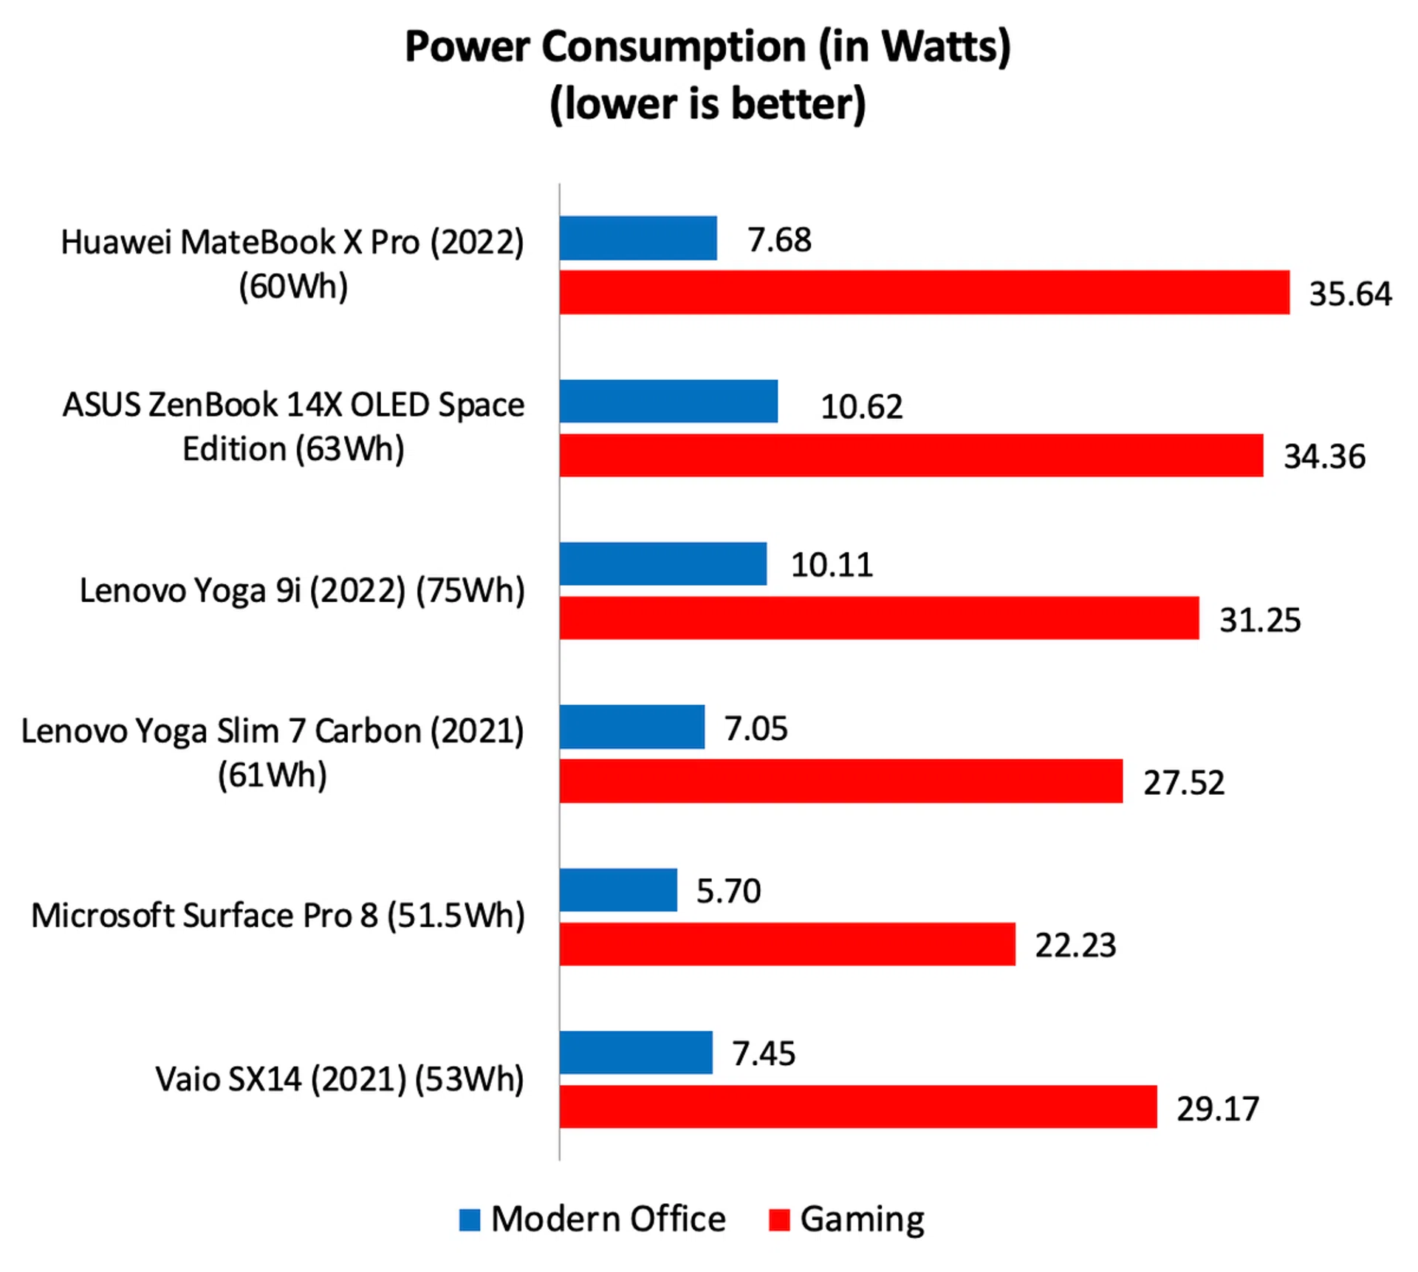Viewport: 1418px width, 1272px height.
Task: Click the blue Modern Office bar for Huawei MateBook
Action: pos(638,238)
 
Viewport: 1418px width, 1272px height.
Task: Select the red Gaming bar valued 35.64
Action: pos(924,293)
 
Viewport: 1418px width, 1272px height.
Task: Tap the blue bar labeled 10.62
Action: pos(668,401)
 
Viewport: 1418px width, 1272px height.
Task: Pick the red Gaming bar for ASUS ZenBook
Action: pos(911,456)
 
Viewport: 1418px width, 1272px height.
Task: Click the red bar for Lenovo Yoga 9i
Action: pos(879,618)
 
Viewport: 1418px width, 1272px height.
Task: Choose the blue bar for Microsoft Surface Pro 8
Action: pos(618,889)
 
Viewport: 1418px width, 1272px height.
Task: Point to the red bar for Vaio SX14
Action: pos(857,1107)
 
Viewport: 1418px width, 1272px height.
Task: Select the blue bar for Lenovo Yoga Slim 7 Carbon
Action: pos(632,727)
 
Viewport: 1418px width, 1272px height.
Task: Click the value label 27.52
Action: pos(1184,783)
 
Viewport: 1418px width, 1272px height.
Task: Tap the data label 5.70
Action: pos(728,891)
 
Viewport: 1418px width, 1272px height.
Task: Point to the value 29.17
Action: pos(1217,1109)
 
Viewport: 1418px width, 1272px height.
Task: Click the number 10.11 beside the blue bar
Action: pos(832,565)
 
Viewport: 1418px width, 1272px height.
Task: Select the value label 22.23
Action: pos(1075,946)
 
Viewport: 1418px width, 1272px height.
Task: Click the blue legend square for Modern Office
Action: pos(470,1220)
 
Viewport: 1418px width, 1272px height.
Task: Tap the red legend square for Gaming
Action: pos(779,1220)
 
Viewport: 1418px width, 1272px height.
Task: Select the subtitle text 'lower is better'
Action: pos(708,103)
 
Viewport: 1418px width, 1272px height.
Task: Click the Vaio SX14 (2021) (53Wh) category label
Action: pos(340,1079)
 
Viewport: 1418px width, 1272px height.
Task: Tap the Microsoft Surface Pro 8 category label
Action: pos(278,916)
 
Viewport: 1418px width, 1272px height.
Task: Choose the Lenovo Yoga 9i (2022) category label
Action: pos(302,591)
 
